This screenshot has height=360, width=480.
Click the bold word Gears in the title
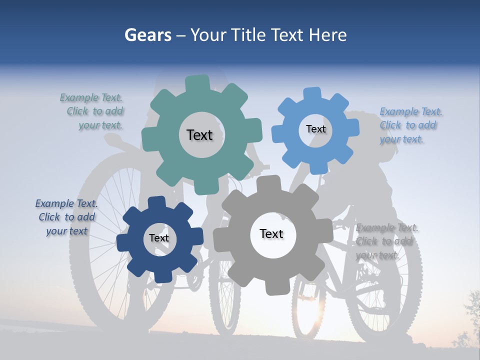tap(147, 35)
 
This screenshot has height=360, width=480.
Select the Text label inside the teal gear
tap(199, 135)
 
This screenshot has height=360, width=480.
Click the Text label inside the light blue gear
tap(315, 129)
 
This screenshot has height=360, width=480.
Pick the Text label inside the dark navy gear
tap(159, 238)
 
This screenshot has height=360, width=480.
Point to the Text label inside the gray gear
tap(271, 233)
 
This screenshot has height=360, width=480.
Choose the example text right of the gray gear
tap(385, 241)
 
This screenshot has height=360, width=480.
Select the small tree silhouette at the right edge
tap(470, 320)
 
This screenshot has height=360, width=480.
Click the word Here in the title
tap(328, 35)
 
